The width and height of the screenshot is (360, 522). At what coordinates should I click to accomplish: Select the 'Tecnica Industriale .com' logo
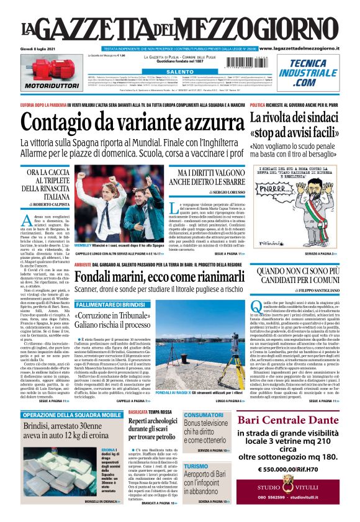(x=312, y=73)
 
